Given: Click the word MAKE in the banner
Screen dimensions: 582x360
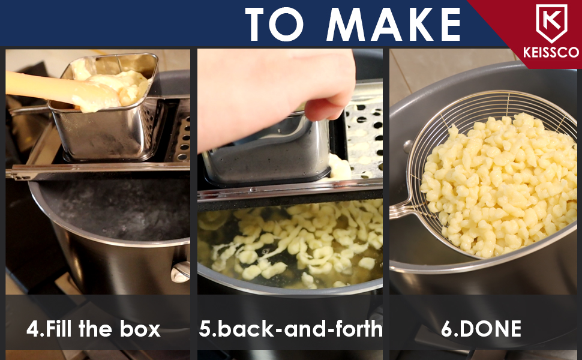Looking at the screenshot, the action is pos(393,25).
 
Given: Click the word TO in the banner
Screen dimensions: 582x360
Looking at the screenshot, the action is pos(274,25).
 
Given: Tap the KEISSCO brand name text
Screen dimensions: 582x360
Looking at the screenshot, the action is pos(551,52).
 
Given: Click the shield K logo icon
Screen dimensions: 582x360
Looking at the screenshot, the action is pos(551,23).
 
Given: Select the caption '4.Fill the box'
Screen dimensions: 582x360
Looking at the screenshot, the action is pos(94,329).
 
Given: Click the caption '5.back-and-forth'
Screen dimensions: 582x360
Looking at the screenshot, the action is pos(290,329).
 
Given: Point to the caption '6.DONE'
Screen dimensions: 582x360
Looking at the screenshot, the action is pos(481,329).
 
